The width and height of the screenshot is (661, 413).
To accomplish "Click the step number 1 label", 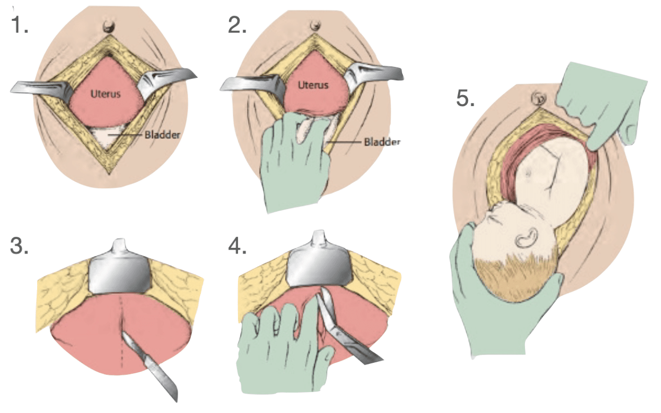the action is pos(20,25).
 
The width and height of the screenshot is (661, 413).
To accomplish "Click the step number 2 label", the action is pos(237,25).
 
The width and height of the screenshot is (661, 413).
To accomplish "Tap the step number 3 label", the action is pos(19,245).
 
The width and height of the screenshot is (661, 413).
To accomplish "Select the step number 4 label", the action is pos(237,245).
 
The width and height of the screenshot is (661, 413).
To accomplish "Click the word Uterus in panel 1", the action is pos(105,94).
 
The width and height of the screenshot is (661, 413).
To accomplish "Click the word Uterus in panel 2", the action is pos(313,85).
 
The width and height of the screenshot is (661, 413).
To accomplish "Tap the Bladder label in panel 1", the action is pos(162,135).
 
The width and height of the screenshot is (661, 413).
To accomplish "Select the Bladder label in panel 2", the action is pos(382,142).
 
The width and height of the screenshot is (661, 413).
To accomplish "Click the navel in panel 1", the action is pos(109,27).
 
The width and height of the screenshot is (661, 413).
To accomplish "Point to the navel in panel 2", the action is pos(315,26).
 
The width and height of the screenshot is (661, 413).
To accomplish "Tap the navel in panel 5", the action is pos(538,98).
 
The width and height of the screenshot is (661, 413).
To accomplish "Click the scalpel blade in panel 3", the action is pos(151,366).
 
